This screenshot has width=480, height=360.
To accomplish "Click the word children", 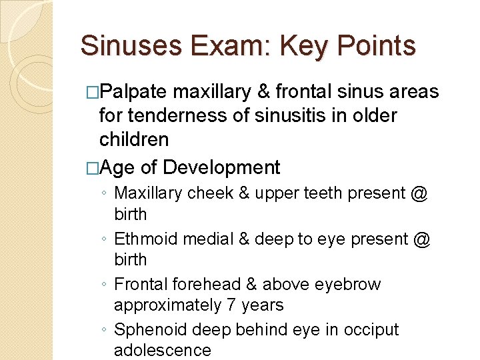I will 134,139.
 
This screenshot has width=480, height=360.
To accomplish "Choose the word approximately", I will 167,305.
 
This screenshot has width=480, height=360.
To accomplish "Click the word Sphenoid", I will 148,329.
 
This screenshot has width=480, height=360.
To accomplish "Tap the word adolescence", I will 162,351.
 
